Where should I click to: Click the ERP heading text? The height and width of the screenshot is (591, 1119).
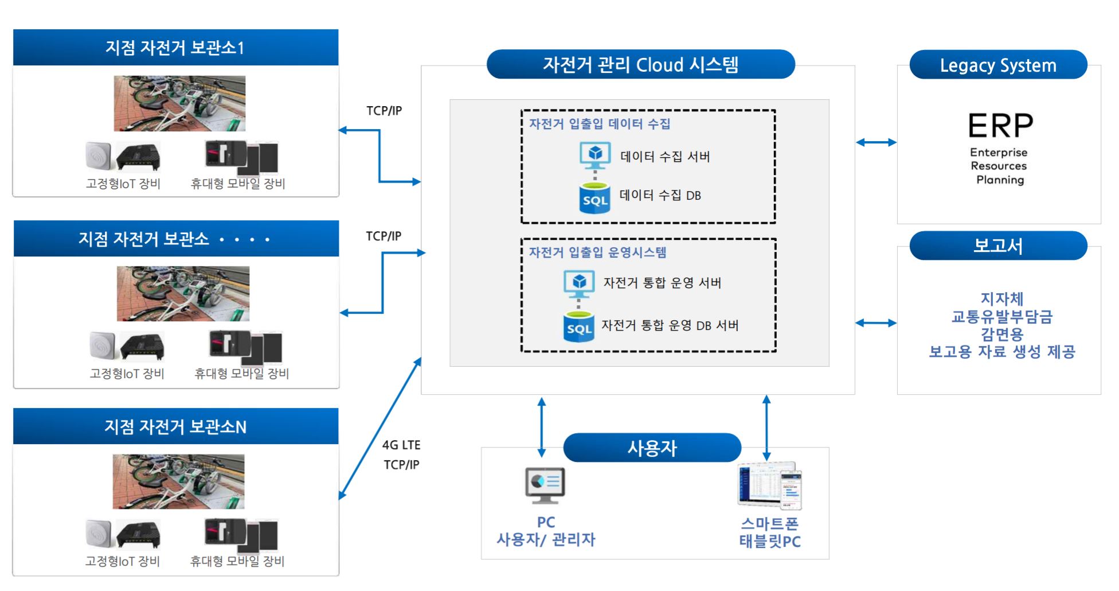[1000, 125]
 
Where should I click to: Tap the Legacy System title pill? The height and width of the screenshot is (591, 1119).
[998, 65]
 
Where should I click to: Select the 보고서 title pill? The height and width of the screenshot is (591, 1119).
[998, 246]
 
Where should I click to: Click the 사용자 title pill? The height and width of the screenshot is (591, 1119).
[652, 448]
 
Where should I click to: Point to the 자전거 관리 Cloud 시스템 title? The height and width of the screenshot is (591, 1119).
[640, 64]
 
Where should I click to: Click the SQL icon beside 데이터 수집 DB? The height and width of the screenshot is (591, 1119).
[594, 198]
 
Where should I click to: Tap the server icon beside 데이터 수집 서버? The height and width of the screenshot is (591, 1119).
[595, 155]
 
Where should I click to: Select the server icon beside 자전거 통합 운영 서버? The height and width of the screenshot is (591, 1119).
[579, 283]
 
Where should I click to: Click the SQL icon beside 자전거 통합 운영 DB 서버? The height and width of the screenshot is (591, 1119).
[578, 326]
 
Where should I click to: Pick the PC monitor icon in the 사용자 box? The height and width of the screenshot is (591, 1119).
[545, 485]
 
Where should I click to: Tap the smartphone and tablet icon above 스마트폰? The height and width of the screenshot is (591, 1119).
[769, 486]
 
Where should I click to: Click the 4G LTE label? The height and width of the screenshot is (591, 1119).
[401, 445]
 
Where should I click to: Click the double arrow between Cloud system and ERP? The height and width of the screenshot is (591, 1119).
[876, 142]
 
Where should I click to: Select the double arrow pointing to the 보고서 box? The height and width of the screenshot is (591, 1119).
[876, 323]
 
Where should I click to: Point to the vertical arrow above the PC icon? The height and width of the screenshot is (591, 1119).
[542, 427]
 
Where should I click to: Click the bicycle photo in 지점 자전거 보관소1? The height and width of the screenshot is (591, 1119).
[179, 103]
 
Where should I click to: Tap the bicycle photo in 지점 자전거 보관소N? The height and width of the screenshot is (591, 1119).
[178, 481]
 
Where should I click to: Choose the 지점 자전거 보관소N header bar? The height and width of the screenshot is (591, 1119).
[175, 426]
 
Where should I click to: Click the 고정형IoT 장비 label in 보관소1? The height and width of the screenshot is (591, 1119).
[123, 184]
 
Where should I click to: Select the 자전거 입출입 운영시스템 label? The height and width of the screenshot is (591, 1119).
[597, 252]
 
